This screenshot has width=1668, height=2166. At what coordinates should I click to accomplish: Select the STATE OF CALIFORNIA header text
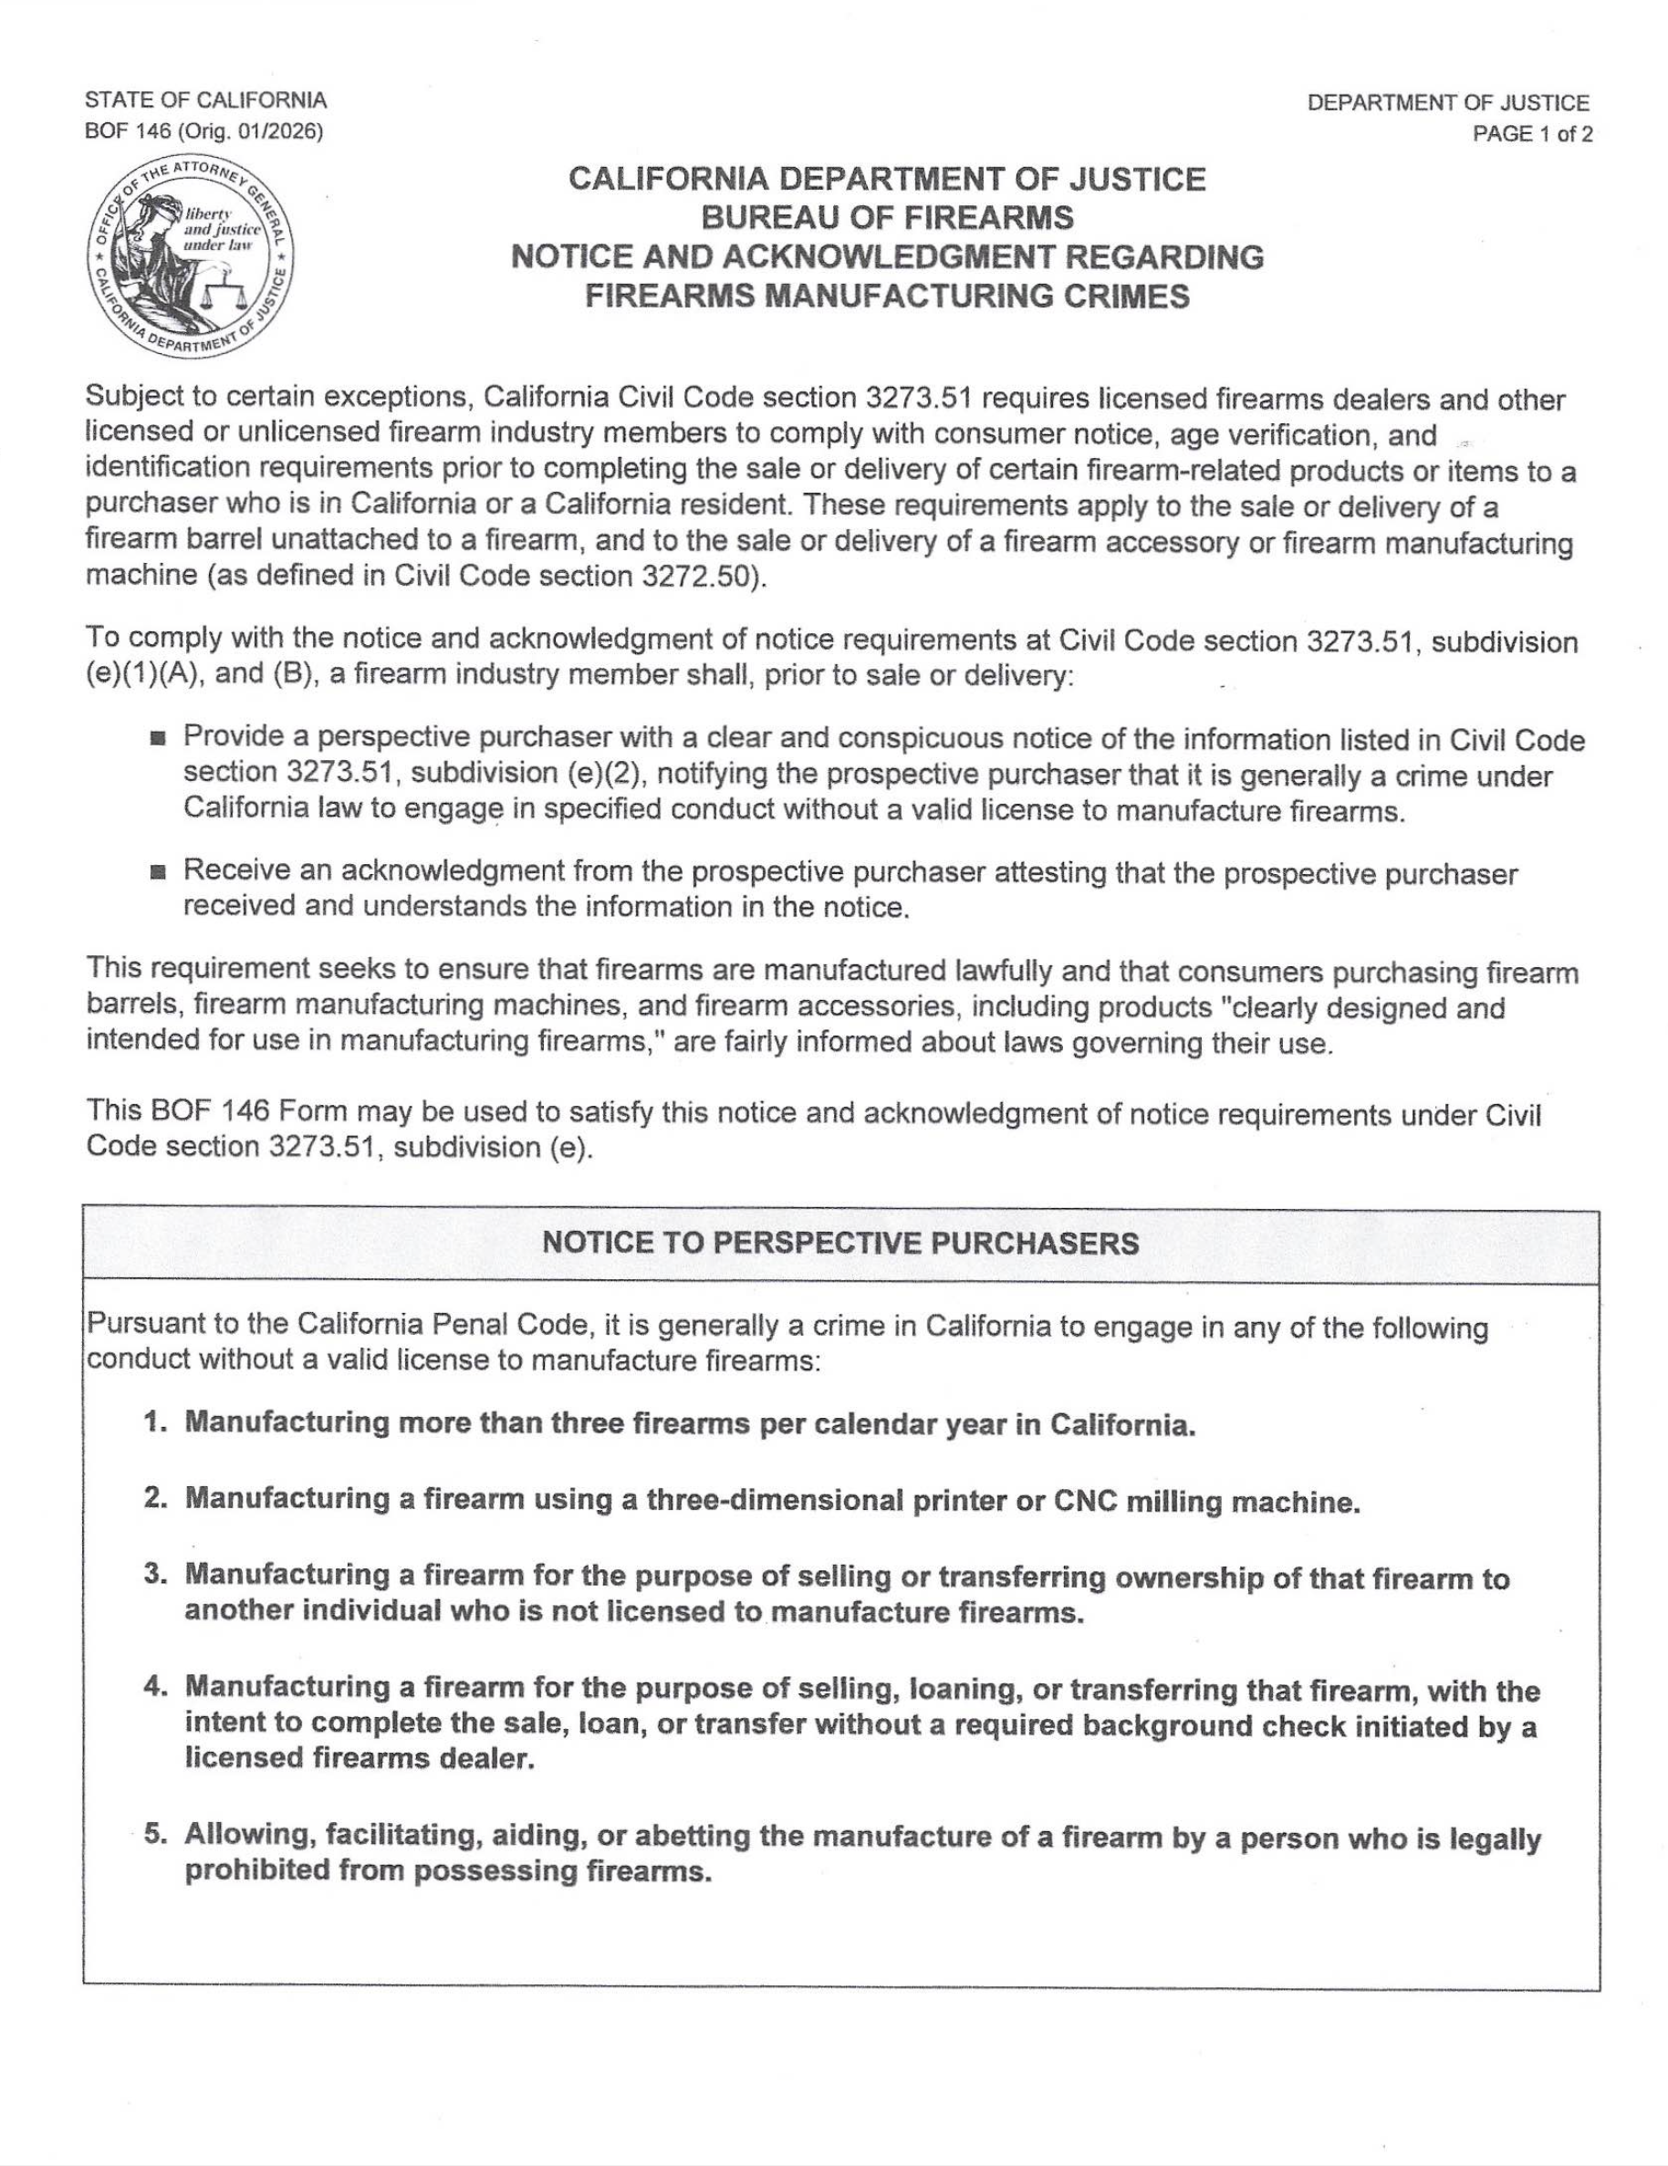pos(205,100)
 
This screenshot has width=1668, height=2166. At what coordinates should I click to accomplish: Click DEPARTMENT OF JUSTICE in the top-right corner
pos(1447,102)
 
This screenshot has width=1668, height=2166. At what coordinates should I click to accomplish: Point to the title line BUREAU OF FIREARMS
pos(887,217)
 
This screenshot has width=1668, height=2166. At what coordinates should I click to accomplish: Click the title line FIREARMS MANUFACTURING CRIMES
pos(887,297)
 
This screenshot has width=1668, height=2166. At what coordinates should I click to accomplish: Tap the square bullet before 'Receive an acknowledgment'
pos(157,874)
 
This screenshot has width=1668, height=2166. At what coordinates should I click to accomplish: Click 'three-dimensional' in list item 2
pos(774,1500)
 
